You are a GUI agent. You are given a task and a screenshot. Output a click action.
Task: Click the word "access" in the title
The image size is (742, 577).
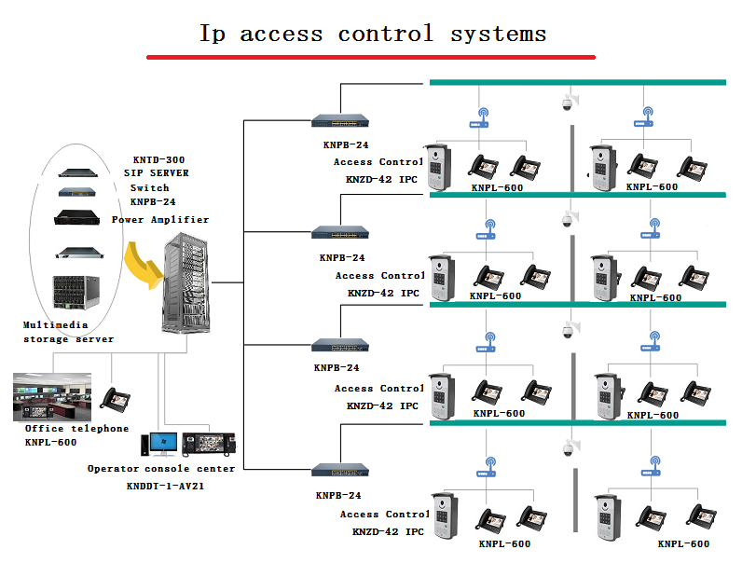point(281,34)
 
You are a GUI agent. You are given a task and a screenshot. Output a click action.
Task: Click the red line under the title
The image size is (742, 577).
point(370,57)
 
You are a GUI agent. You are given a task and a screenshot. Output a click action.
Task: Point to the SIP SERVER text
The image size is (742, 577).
point(157,173)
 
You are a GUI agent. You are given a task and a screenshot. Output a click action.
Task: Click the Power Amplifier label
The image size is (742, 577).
point(160,220)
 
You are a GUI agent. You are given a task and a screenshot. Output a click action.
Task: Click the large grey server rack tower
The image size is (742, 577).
point(186,287)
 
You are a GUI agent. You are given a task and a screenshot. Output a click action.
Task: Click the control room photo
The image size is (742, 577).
point(52,396)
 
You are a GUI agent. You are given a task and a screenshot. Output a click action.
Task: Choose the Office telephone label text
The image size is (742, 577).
point(77,429)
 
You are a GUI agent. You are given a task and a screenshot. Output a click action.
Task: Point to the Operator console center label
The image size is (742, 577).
point(161,469)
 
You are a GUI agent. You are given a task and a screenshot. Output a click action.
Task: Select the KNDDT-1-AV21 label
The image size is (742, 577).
point(164,487)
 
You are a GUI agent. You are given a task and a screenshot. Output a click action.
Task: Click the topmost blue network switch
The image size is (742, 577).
point(340,120)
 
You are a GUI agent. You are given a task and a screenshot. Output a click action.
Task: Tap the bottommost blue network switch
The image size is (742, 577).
point(340,472)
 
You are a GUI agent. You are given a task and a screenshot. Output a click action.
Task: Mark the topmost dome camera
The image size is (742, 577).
point(567,103)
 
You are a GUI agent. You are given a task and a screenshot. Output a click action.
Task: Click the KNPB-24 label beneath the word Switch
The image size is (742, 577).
point(153,201)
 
